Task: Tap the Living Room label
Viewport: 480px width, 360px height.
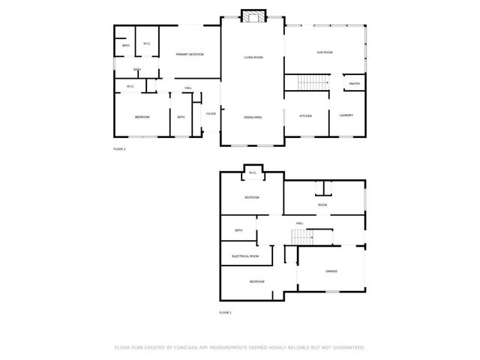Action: pos(253,58)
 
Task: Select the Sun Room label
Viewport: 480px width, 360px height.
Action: pos(325,52)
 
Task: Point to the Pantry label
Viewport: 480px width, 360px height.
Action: pos(355,84)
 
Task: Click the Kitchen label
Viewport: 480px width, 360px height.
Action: pos(306,115)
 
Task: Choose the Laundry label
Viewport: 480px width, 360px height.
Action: pos(346,115)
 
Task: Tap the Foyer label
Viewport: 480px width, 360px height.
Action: pos(211,114)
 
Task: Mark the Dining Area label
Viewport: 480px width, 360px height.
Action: pos(253,118)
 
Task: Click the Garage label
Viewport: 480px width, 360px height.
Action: pos(331,271)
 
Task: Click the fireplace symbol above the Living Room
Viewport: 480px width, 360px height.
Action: pos(253,17)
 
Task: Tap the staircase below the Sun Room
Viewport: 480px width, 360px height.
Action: pos(308,82)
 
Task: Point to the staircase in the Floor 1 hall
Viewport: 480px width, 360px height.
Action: pos(302,237)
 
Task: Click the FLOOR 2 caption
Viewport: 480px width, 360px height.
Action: pos(119,149)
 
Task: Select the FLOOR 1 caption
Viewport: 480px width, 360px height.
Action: pos(225,312)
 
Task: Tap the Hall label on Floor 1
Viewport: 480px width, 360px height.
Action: pos(299,223)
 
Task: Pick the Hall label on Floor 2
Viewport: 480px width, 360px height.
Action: pos(188,88)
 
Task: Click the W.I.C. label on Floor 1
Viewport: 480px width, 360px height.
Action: pos(253,174)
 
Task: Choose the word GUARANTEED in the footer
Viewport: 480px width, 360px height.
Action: pos(347,348)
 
